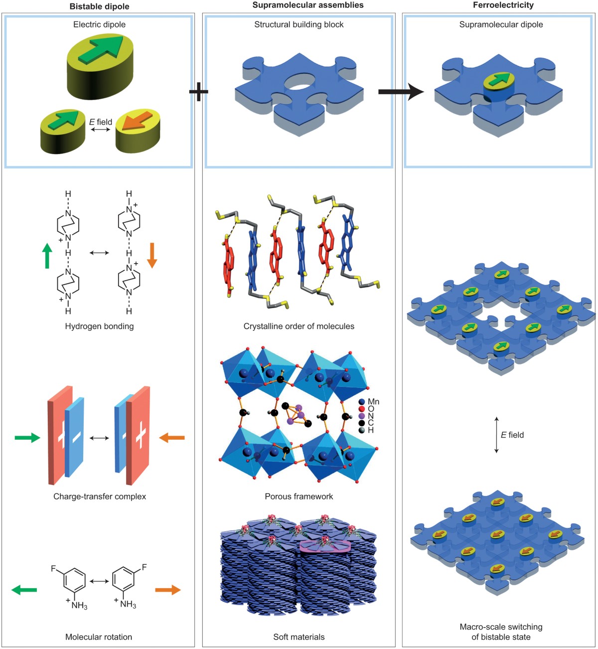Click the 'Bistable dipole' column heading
[99, 5]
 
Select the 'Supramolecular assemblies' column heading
[308, 5]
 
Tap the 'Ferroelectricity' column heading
[503, 5]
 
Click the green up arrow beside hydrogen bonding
[47, 255]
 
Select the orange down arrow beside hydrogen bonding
[152, 255]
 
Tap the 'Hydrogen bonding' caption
[99, 326]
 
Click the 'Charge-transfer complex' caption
[100, 496]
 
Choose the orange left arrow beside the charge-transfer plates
[172, 438]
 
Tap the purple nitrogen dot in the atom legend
[362, 416]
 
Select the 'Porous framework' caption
[299, 496]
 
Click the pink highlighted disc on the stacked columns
[325, 546]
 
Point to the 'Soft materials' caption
[299, 637]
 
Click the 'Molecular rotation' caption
[99, 637]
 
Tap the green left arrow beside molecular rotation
[24, 590]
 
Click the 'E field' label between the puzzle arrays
[512, 435]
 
